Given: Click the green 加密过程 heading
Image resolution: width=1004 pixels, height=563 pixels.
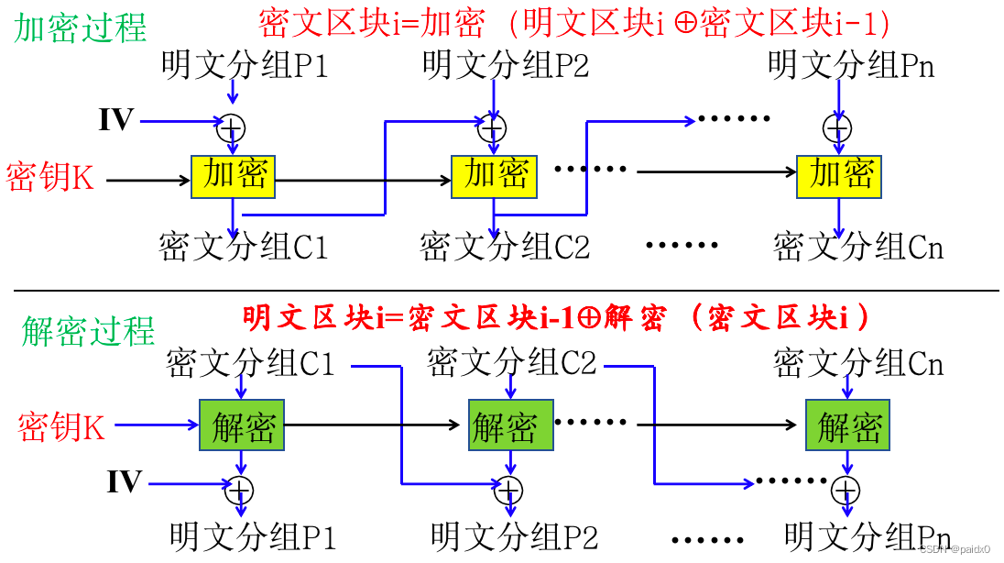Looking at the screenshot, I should pos(81,28).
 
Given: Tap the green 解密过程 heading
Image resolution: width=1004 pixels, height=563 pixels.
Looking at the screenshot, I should pos(89,331).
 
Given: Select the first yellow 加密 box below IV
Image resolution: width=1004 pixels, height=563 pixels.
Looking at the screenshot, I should pos(233,176).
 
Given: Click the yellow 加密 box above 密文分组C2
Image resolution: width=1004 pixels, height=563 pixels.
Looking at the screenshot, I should pos(495,176).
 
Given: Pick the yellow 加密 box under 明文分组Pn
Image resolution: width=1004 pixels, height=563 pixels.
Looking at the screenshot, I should pos(838,176).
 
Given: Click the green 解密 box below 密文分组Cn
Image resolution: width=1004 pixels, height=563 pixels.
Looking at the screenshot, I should pos(848,425).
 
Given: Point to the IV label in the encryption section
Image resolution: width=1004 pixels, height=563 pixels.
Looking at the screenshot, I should pos(116,120).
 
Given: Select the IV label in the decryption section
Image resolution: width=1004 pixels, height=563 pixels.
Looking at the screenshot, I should pos(124,482).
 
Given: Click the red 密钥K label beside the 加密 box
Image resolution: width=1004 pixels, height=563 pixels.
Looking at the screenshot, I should pos(50,178).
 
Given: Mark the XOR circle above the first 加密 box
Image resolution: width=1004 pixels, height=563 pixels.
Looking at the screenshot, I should pos(232,127).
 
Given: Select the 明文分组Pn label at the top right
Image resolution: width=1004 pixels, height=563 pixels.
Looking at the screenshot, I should pos(851,65).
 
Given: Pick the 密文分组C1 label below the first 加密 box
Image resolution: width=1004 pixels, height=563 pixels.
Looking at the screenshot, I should pos(243,247).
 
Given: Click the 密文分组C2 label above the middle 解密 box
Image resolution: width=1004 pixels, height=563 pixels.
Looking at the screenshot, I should pos(512,364).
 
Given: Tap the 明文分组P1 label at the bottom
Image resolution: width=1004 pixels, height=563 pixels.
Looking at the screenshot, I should pos(253,535).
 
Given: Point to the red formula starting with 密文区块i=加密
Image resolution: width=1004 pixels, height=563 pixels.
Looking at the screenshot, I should pos(575,22).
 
